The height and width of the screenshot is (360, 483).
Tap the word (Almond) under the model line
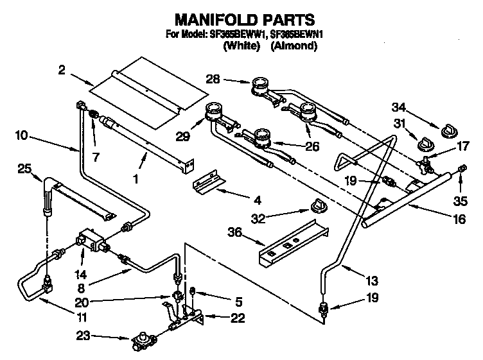[x=294, y=46]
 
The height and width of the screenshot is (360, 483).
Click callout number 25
[x=24, y=169]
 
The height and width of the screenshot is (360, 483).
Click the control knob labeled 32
[x=315, y=205]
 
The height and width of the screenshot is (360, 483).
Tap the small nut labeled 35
[x=461, y=168]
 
